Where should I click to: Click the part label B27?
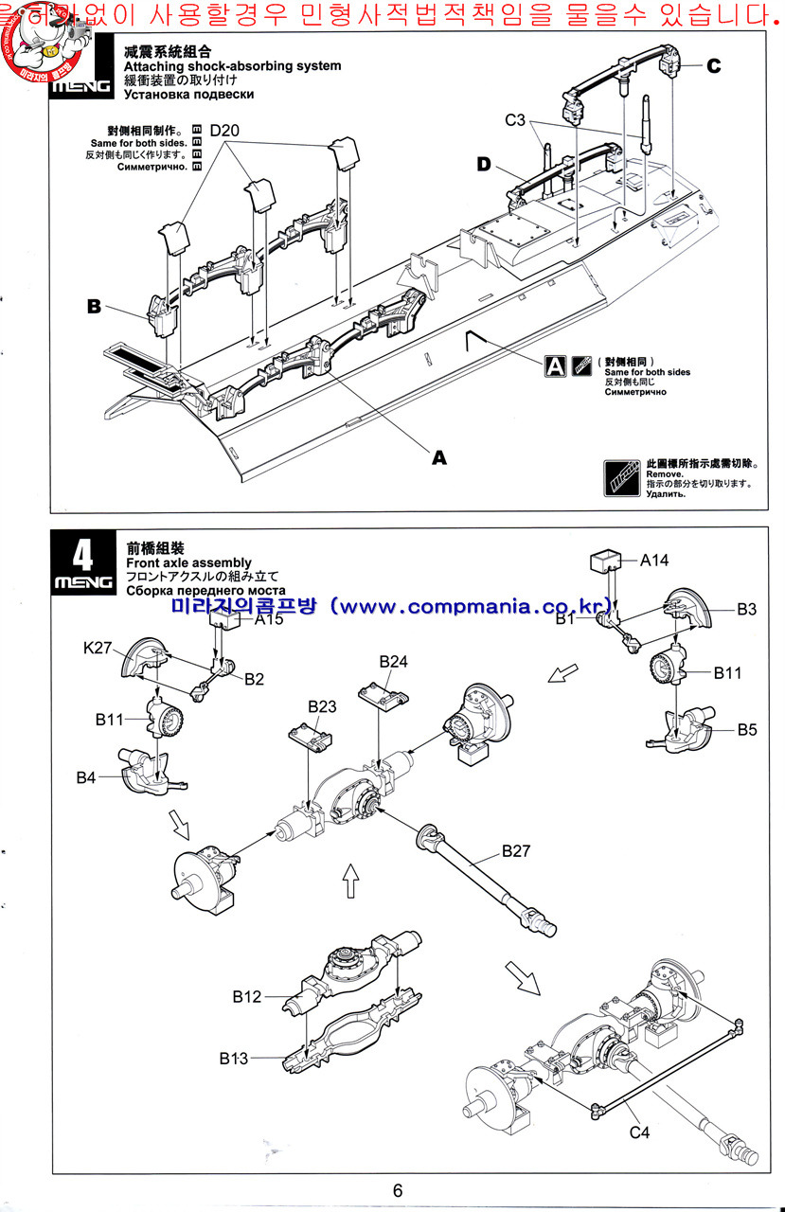pos(516,850)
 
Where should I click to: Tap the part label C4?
pos(640,1133)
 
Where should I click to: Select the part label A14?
pos(654,561)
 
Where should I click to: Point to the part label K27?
pos(98,649)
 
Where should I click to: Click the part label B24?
pos(394,661)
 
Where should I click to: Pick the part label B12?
pos(246,996)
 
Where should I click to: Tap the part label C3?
pos(515,119)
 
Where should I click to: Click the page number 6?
pos(398,1190)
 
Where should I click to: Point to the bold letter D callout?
pos(485,165)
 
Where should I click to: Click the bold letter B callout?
pos(94,306)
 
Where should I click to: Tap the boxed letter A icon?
pos(556,365)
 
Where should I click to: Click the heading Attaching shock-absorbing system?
pos(232,66)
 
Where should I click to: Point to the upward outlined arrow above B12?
pos(350,880)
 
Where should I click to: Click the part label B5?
pos(749,729)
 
